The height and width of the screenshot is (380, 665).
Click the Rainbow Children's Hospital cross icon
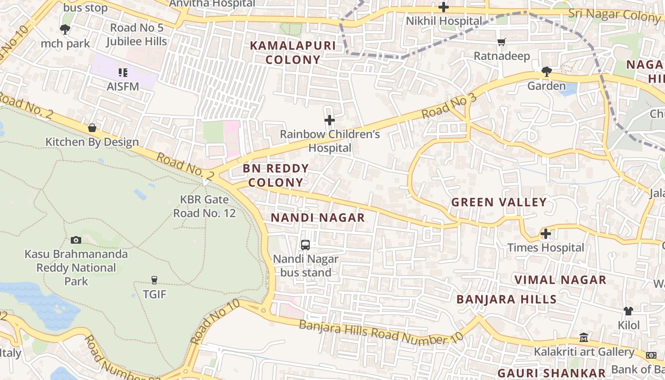pyautogui.click(x=329, y=120)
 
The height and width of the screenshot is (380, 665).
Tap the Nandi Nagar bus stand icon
pyautogui.click(x=305, y=245)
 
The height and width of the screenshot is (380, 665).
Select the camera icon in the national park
pyautogui.click(x=76, y=240)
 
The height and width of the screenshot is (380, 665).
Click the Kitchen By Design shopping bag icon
pyautogui.click(x=92, y=128)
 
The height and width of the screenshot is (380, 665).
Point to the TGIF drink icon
pyautogui.click(x=154, y=280)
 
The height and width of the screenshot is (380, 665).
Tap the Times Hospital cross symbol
pyautogui.click(x=546, y=234)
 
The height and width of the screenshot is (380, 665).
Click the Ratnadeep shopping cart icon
pyautogui.click(x=502, y=42)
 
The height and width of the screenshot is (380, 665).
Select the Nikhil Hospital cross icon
pyautogui.click(x=443, y=7)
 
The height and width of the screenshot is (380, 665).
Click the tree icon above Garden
pyautogui.click(x=546, y=72)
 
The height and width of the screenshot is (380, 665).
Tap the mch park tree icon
pyautogui.click(x=65, y=29)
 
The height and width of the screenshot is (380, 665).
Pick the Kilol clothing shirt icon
pyautogui.click(x=628, y=311)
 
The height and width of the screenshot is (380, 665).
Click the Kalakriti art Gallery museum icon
pyautogui.click(x=584, y=338)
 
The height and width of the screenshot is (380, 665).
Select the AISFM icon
pyautogui.click(x=123, y=73)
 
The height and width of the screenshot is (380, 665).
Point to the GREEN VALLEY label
pyautogui.click(x=499, y=202)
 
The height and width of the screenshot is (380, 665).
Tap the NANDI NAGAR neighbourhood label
pyautogui.click(x=318, y=218)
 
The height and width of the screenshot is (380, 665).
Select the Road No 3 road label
pyautogui.click(x=448, y=106)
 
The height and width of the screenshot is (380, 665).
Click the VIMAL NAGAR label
pyautogui.click(x=560, y=280)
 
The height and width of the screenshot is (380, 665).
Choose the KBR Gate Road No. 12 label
pyautogui.click(x=204, y=206)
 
